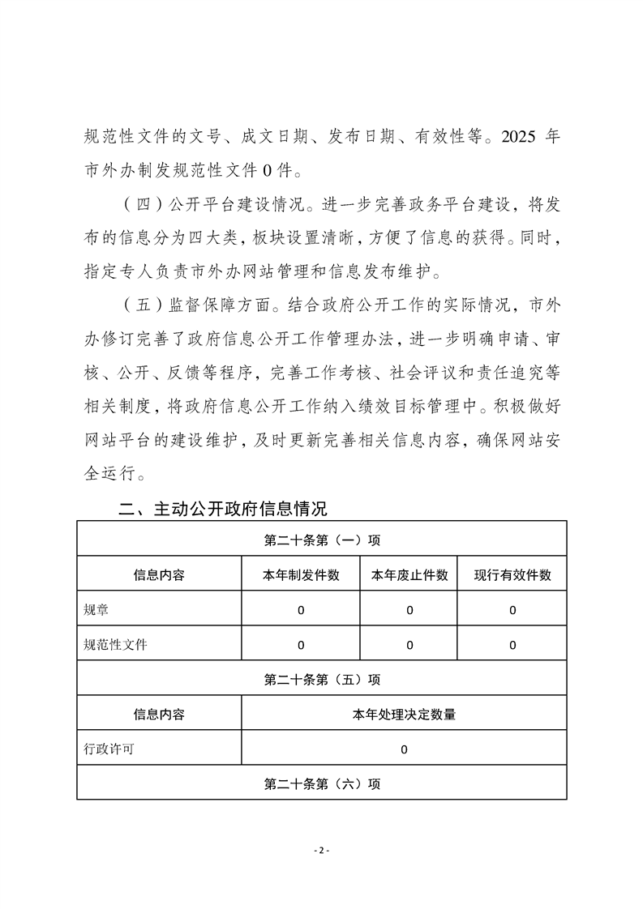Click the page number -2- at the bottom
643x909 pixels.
tap(321, 850)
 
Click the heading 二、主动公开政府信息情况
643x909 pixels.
tap(223, 510)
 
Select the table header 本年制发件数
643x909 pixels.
tap(300, 575)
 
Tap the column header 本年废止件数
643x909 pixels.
tap(409, 575)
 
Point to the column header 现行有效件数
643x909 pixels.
tap(512, 575)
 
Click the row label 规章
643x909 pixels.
tap(96, 610)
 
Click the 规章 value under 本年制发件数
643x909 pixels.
tap(301, 610)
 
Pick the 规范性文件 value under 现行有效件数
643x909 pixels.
tap(512, 645)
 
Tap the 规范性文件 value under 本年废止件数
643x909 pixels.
tap(409, 645)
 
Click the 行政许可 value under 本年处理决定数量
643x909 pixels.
tap(404, 749)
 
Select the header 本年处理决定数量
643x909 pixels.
tap(404, 715)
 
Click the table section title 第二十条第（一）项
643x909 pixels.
tap(322, 540)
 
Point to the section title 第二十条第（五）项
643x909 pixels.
tap(322, 680)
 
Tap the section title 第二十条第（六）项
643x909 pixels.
tap(322, 784)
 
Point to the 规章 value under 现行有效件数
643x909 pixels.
tap(512, 610)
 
